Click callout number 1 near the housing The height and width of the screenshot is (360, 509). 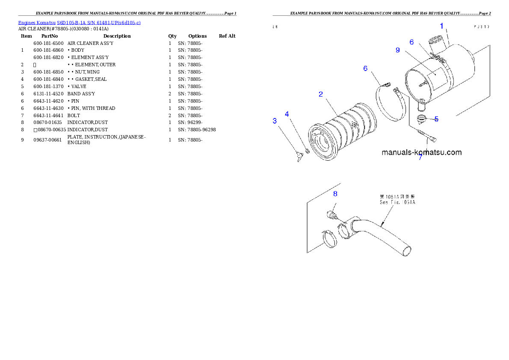[442, 26]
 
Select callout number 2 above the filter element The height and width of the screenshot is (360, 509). [321, 94]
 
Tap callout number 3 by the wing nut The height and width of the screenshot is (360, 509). [275, 121]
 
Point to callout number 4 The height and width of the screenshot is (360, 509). [287, 114]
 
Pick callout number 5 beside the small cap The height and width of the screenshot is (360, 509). [436, 119]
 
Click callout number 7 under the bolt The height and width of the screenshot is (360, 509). [420, 157]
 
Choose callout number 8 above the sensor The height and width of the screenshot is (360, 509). [335, 193]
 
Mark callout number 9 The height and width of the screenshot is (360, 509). [398, 50]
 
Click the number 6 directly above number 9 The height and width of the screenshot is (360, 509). [411, 42]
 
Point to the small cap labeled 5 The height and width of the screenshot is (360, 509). [422, 118]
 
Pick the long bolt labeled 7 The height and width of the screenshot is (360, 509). [425, 136]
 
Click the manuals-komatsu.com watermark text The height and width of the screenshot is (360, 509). [421, 152]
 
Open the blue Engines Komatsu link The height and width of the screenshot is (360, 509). [79, 22]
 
